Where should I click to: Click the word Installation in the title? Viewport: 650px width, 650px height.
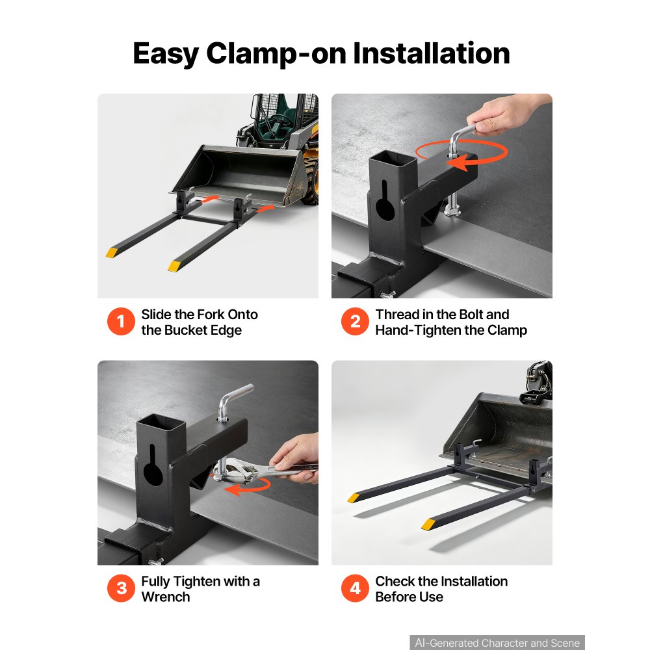click(431, 53)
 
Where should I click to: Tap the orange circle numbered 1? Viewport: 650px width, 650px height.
click(121, 321)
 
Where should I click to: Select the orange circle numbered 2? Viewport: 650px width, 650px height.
click(355, 321)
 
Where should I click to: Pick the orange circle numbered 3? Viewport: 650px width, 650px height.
click(121, 588)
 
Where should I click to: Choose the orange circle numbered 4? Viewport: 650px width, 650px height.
click(355, 588)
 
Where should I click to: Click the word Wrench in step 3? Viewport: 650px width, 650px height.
click(165, 597)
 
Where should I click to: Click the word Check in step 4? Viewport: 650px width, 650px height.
click(395, 581)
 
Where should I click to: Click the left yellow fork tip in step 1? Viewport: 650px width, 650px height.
click(112, 252)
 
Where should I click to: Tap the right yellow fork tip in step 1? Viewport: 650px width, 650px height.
click(174, 266)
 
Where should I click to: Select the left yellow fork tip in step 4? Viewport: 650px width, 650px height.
click(354, 497)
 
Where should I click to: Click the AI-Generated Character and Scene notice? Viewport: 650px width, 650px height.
click(497, 643)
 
